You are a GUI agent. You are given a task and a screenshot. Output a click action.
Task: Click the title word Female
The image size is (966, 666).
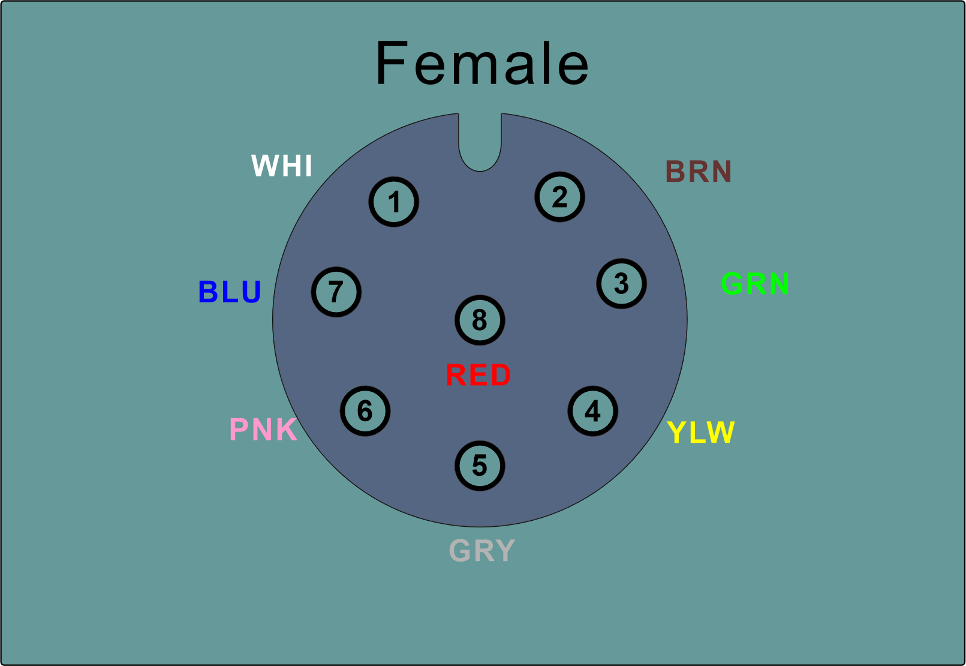click(x=482, y=64)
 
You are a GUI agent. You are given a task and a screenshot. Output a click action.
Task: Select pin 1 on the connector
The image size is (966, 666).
click(x=393, y=202)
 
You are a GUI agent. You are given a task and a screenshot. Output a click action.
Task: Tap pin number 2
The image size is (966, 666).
click(x=559, y=197)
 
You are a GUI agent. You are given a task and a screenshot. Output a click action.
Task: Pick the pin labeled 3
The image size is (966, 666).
click(x=621, y=283)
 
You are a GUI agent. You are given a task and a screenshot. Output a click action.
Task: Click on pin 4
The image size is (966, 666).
click(x=592, y=411)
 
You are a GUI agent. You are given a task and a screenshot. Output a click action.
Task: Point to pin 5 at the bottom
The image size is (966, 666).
click(x=480, y=466)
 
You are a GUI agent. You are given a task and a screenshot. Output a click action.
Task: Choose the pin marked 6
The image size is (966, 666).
click(x=365, y=411)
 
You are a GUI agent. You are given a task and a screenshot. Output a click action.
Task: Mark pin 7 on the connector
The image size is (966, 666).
click(x=336, y=292)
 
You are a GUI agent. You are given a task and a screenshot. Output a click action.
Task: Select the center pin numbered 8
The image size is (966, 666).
click(x=480, y=320)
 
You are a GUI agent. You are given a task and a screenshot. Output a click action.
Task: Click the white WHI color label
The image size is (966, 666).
click(x=282, y=166)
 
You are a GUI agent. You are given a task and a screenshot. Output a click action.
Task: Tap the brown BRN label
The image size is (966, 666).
click(x=699, y=172)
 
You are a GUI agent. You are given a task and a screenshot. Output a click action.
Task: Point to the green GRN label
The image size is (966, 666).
click(x=755, y=283)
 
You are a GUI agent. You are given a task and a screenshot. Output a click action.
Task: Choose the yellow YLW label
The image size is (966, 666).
click(x=700, y=432)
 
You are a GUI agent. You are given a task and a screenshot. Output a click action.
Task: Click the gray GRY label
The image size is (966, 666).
click(x=482, y=550)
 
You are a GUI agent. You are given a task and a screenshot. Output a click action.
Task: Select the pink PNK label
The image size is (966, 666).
click(x=263, y=430)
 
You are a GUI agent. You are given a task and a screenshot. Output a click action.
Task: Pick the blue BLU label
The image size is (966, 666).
click(x=230, y=292)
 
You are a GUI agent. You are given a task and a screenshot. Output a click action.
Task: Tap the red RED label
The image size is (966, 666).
click(x=479, y=376)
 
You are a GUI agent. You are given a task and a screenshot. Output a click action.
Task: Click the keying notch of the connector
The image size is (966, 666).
click(x=480, y=144)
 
